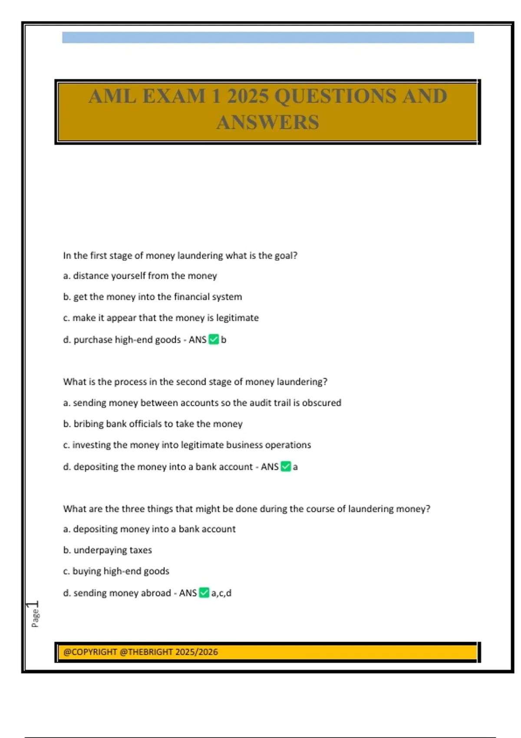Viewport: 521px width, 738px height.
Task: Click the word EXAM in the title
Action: point(174,96)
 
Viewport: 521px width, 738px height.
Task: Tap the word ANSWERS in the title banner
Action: point(268,122)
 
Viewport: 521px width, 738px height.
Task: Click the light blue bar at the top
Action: point(268,37)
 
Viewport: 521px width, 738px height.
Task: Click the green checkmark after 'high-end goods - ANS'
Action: point(214,339)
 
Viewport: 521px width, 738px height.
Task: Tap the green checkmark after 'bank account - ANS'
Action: point(286,467)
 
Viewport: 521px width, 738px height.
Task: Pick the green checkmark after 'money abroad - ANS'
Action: point(204,593)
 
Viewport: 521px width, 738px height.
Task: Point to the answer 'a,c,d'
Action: point(221,593)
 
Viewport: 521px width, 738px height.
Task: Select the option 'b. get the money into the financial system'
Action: point(152,297)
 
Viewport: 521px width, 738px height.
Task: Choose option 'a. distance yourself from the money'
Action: point(140,276)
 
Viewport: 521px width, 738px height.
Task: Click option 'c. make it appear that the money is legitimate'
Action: point(161,318)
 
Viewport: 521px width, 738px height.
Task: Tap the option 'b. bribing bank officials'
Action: point(152,424)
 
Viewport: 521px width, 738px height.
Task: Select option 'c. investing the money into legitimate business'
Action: point(187,445)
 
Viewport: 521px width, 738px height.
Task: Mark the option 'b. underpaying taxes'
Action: point(107,550)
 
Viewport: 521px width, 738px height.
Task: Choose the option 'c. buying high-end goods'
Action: point(116,571)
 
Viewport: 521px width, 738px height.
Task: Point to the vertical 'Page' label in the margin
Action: point(35,617)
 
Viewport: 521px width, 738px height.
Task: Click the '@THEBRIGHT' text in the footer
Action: point(145,652)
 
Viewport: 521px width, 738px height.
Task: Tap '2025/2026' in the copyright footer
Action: point(197,652)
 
